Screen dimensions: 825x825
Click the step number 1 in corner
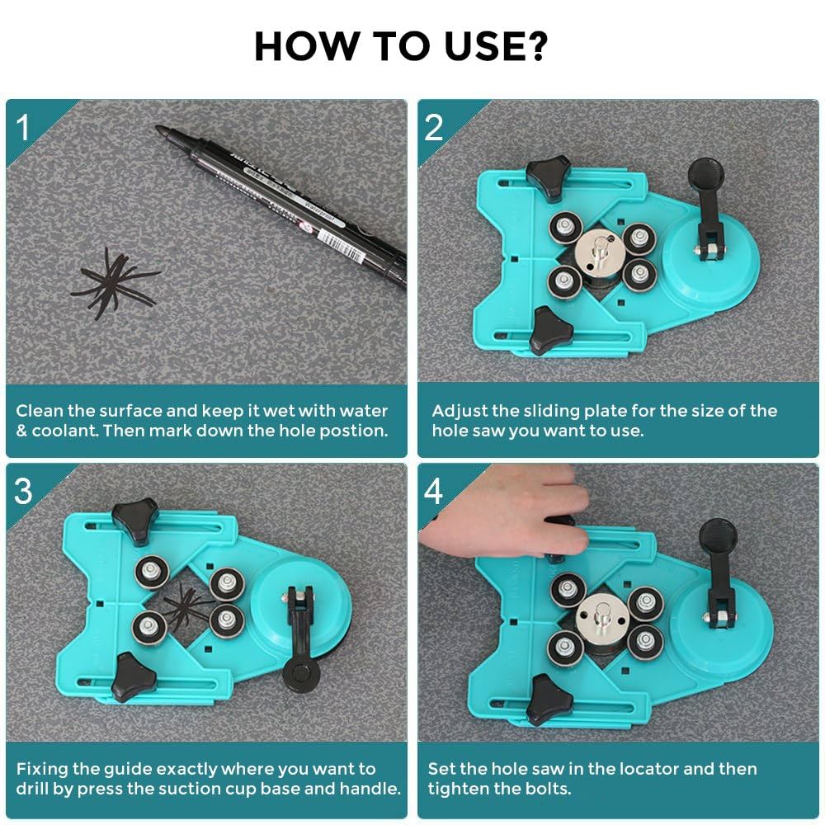pos(23,127)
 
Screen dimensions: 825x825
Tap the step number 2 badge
pos(434,127)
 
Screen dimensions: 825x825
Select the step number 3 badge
pos(23,490)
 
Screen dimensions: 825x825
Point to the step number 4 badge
pos(434,490)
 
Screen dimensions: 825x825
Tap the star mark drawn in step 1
pos(115,280)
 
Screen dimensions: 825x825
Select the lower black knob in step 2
pos(551,331)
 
